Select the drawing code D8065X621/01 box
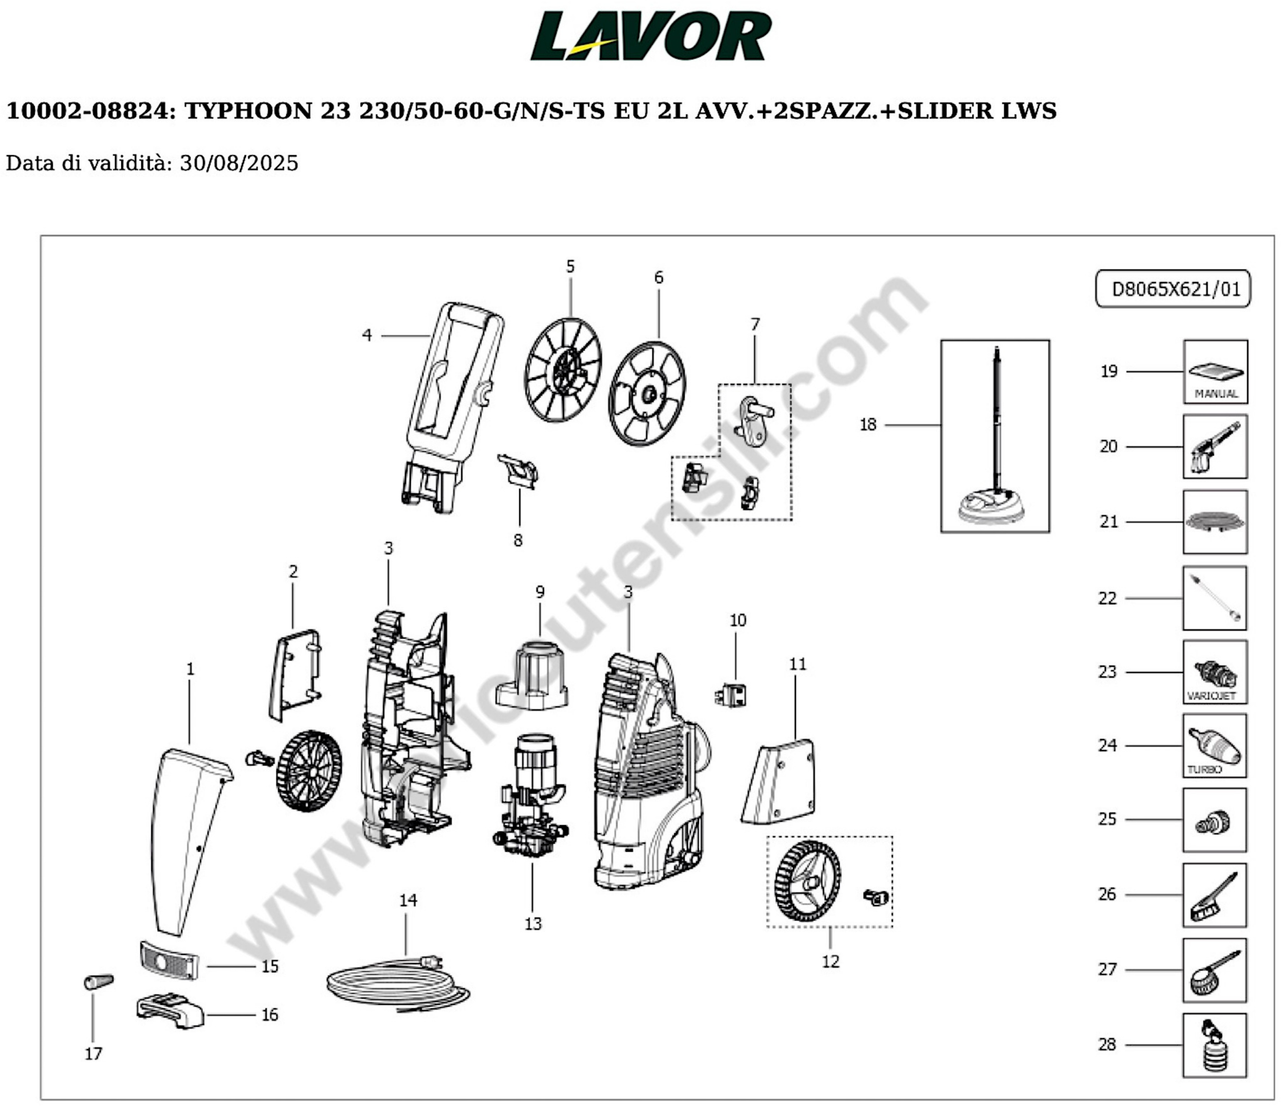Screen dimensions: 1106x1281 [1172, 289]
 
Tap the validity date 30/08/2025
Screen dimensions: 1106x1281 [239, 163]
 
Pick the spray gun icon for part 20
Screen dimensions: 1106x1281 [1215, 446]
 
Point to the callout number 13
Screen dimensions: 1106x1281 [533, 924]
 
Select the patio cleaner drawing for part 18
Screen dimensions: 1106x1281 [995, 436]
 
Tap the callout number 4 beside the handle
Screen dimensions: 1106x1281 [367, 335]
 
